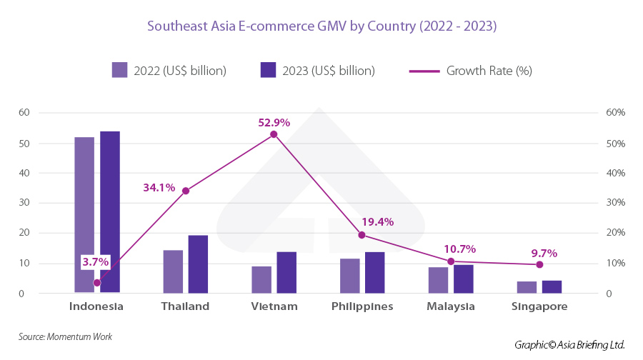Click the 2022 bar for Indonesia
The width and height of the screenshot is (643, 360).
pos(84,214)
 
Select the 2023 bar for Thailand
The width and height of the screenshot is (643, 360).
pos(198,264)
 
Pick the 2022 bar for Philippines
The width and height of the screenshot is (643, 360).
pos(349,276)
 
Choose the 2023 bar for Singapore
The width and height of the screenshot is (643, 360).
pos(552,286)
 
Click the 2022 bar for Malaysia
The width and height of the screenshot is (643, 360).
pos(438,280)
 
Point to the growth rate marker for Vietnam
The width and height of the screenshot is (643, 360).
pos(274,134)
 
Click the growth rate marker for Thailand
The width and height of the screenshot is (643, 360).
pos(186,191)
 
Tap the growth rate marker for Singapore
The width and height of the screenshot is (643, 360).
pos(539,265)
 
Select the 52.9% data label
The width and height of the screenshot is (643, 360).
pos(274,123)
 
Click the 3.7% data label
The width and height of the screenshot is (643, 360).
pos(95,262)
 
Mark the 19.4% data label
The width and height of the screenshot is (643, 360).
pos(378,222)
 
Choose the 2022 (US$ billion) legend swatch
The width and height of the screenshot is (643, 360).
pos(119,70)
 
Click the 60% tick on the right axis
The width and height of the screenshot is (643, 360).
pos(614,113)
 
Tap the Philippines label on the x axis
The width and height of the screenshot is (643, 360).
pos(362,307)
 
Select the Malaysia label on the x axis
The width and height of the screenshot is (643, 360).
pos(451,307)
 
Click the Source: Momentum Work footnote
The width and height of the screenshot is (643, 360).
pos(65,336)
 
